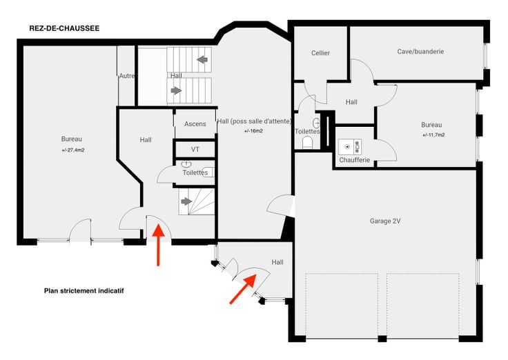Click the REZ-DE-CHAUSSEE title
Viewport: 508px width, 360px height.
pyautogui.click(x=64, y=28)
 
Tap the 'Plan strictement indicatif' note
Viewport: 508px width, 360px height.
pyautogui.click(x=84, y=291)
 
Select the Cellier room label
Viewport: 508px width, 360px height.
pyautogui.click(x=320, y=53)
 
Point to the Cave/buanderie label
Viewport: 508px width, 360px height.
pyautogui.click(x=420, y=52)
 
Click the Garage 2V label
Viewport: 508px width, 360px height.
pyautogui.click(x=385, y=221)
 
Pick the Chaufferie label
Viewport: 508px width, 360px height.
pyautogui.click(x=355, y=160)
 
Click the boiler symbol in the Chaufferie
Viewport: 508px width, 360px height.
pyautogui.click(x=350, y=147)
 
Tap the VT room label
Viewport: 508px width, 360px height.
pyautogui.click(x=195, y=149)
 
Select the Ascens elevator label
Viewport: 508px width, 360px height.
pyautogui.click(x=195, y=124)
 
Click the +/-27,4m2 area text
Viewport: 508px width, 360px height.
pyautogui.click(x=73, y=150)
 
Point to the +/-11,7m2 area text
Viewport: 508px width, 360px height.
pyautogui.click(x=433, y=135)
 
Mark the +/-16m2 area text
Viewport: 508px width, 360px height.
pyautogui.click(x=253, y=131)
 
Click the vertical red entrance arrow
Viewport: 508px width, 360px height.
pyautogui.click(x=158, y=244)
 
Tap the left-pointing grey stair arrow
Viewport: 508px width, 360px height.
pyautogui.click(x=202, y=59)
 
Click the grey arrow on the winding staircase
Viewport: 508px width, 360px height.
pyautogui.click(x=186, y=201)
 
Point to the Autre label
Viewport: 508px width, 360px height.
pyautogui.click(x=127, y=76)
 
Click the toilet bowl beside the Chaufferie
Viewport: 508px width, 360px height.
pyautogui.click(x=307, y=142)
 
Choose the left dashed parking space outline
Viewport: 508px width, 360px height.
pyautogui.click(x=342, y=303)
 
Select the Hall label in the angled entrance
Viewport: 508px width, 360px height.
pyautogui.click(x=277, y=262)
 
